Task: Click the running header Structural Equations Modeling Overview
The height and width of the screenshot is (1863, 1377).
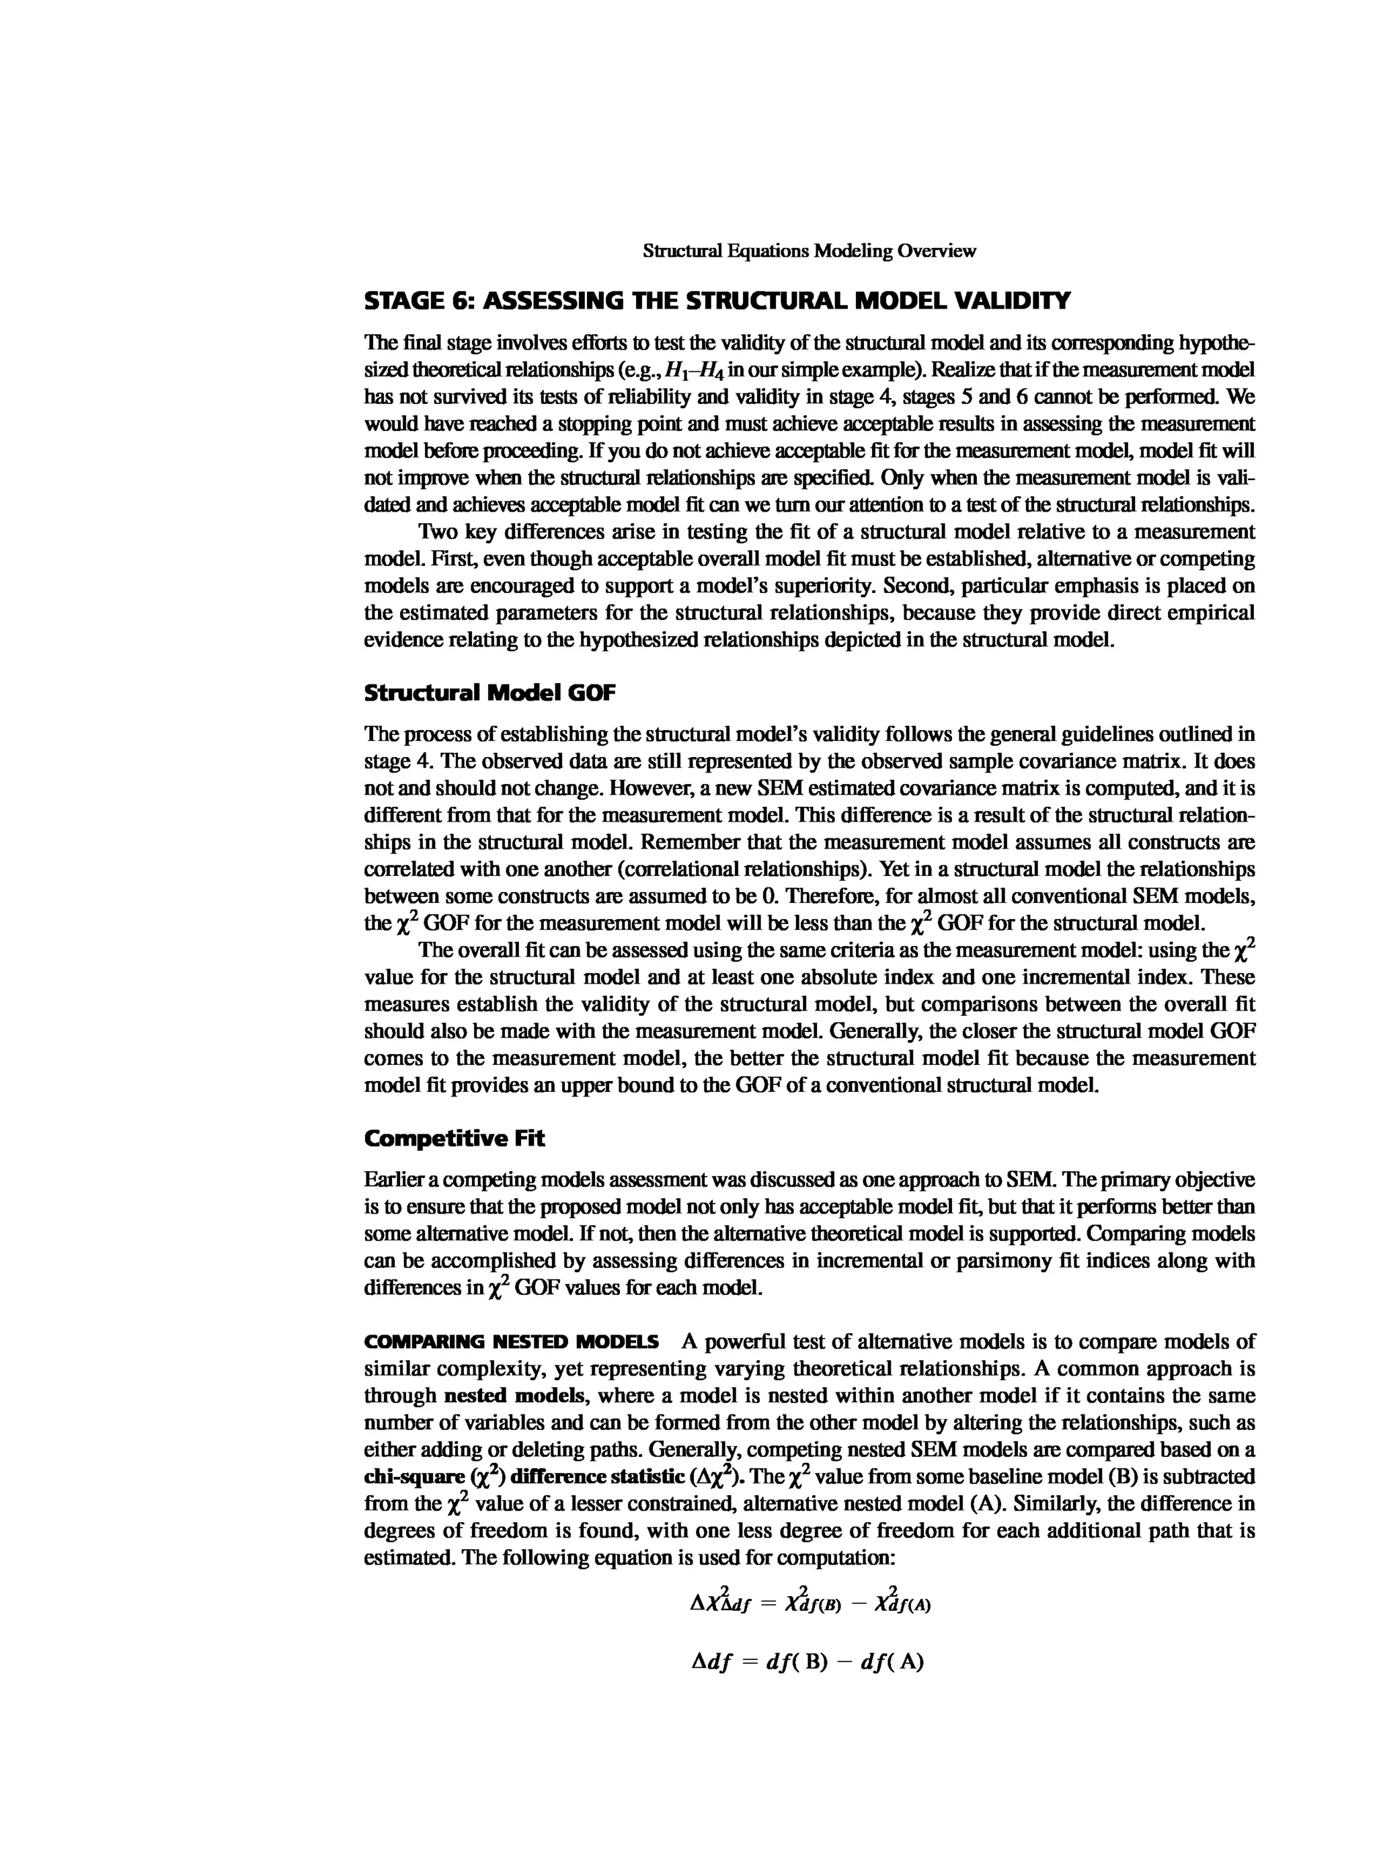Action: pyautogui.click(x=809, y=251)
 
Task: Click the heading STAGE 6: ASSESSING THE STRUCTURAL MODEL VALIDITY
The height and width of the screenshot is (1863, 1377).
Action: pyautogui.click(x=717, y=301)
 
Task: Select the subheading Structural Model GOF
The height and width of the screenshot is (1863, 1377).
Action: pyautogui.click(x=489, y=692)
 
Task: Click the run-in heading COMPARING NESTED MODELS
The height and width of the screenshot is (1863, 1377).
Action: pyautogui.click(x=511, y=1342)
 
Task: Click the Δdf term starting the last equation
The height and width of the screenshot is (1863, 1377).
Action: pyautogui.click(x=711, y=1662)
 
